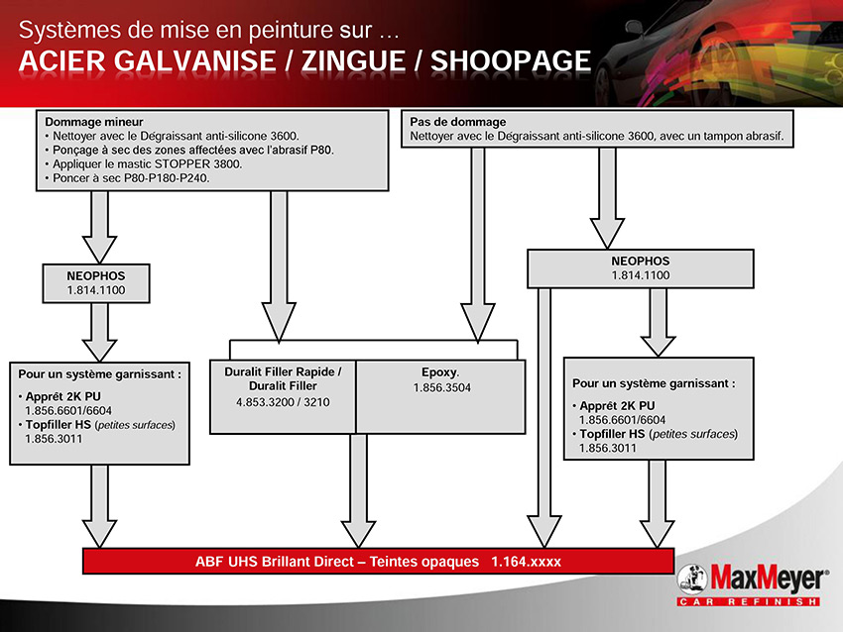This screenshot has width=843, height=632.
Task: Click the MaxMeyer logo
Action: pyautogui.click(x=751, y=584)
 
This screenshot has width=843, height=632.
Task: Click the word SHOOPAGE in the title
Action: pyautogui.click(x=511, y=60)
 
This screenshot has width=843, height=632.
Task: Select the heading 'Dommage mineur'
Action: pyautogui.click(x=94, y=122)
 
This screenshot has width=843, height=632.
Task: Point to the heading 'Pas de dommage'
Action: pyautogui.click(x=458, y=122)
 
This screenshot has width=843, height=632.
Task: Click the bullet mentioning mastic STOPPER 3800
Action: pyautogui.click(x=144, y=163)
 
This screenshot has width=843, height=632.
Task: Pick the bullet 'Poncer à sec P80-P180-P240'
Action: pyautogui.click(x=127, y=177)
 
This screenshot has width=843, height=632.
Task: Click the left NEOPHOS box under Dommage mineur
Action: pyautogui.click(x=96, y=283)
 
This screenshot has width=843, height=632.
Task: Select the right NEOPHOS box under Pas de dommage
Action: pyautogui.click(x=641, y=268)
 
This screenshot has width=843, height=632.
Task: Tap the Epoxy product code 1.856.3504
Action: pyautogui.click(x=442, y=387)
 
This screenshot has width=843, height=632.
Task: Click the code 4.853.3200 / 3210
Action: pyautogui.click(x=283, y=402)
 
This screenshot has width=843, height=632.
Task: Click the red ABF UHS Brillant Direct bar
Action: pyautogui.click(x=378, y=561)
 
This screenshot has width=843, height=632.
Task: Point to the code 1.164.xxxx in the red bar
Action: pyautogui.click(x=526, y=562)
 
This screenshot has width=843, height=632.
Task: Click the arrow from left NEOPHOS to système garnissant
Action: pyautogui.click(x=99, y=332)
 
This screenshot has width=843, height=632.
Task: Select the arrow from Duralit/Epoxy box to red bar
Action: pyautogui.click(x=359, y=490)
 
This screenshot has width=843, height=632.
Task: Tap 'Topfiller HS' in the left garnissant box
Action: pyautogui.click(x=59, y=425)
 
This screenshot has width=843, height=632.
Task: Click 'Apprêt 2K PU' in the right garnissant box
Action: pyautogui.click(x=617, y=406)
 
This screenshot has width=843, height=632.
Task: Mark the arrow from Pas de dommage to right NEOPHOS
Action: pyautogui.click(x=607, y=199)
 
